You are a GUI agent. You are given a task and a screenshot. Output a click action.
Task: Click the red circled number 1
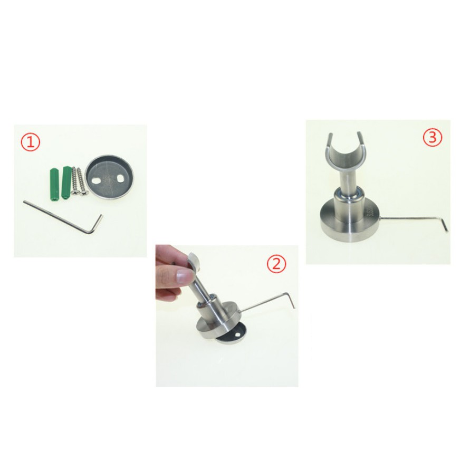tap(31, 143)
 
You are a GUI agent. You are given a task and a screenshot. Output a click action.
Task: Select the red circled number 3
tap(432, 137)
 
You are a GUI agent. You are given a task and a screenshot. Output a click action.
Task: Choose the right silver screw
tap(82, 182)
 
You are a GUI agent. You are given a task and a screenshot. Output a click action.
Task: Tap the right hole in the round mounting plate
tap(120, 178)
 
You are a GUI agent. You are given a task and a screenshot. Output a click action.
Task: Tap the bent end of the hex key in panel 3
tap(444, 224)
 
